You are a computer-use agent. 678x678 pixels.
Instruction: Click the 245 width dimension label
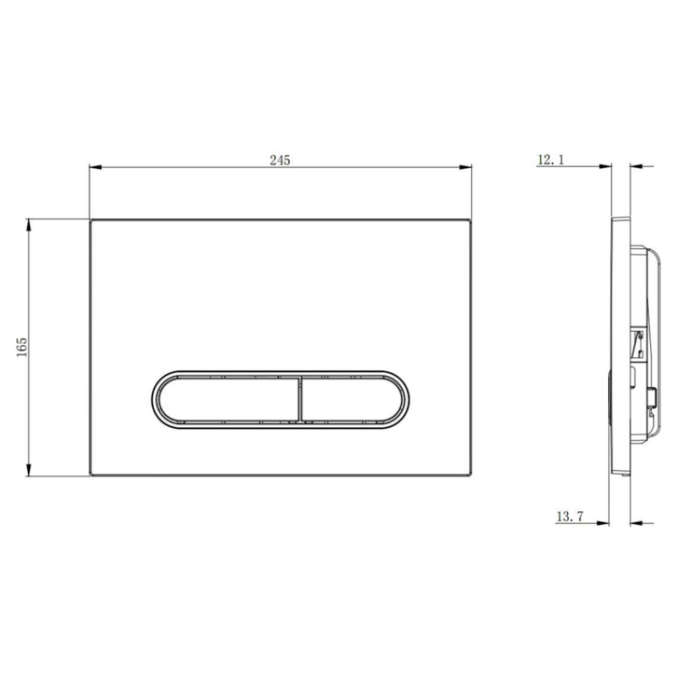point(280,160)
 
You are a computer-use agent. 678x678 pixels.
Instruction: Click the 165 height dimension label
point(22,347)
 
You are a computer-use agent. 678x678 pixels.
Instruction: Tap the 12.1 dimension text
point(551,159)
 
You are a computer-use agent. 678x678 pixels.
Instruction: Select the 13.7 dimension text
point(570,516)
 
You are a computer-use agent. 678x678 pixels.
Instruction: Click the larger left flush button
point(228,399)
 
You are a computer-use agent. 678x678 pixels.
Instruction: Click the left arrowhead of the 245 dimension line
point(95,167)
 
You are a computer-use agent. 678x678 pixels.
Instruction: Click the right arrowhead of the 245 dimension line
point(466,167)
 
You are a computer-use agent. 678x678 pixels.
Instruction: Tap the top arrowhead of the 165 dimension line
point(29,225)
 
